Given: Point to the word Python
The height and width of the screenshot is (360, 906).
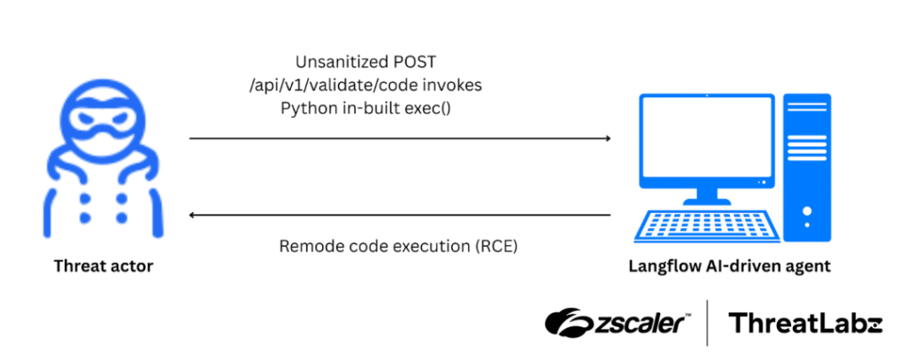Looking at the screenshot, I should [304, 108].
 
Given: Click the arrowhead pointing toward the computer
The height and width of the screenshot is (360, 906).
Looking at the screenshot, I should [607, 139].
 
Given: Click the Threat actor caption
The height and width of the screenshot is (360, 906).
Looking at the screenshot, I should [104, 265].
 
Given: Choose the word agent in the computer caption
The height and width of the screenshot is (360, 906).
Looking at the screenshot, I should [809, 265].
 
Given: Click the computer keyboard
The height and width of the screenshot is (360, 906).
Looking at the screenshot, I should [709, 226].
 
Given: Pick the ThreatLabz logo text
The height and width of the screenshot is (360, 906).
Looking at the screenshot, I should [805, 323].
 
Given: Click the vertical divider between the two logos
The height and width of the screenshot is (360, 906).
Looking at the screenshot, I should [708, 323].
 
